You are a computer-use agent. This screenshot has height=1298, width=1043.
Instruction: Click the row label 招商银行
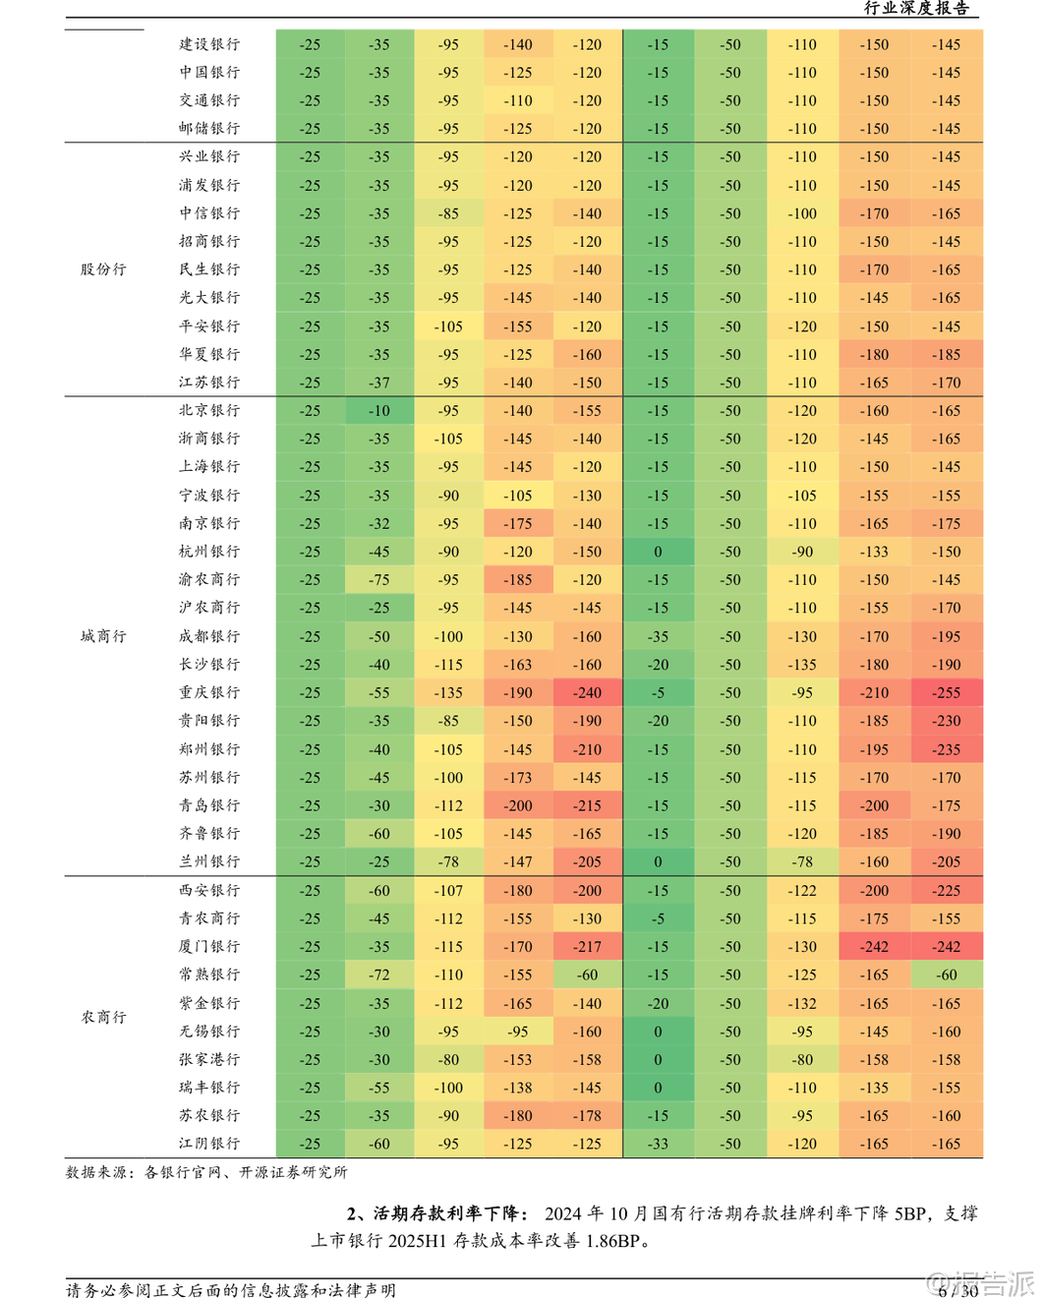click(209, 241)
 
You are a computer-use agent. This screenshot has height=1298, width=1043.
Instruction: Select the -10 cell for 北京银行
click(379, 411)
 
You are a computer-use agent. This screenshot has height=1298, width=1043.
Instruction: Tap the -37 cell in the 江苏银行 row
click(379, 383)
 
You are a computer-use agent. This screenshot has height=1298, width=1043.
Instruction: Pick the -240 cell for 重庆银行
click(588, 693)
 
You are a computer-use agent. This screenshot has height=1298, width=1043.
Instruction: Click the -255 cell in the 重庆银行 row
click(947, 693)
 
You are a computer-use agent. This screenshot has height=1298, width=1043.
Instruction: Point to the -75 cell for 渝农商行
click(379, 580)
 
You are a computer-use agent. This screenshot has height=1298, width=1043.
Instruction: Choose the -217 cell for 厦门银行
click(588, 947)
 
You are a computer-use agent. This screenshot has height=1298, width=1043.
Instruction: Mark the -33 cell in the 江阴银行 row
click(658, 1145)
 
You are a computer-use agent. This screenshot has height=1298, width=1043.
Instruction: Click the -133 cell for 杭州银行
click(874, 552)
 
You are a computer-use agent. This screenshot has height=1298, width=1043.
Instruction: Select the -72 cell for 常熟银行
click(379, 975)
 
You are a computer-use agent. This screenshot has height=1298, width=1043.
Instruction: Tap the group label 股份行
click(103, 269)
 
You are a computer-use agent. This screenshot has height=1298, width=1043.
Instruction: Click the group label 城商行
click(103, 636)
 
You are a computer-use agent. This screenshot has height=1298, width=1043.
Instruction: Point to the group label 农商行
click(103, 1017)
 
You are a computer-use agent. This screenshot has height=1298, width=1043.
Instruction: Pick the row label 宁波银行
click(209, 496)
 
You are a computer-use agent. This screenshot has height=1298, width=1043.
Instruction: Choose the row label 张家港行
click(209, 1060)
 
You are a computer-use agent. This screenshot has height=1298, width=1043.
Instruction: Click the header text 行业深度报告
click(916, 9)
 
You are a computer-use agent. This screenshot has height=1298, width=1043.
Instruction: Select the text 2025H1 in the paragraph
click(418, 1241)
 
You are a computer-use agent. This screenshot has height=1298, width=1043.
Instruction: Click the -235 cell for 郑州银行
click(947, 749)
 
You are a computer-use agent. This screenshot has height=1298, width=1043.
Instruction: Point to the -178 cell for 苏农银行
click(588, 1116)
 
